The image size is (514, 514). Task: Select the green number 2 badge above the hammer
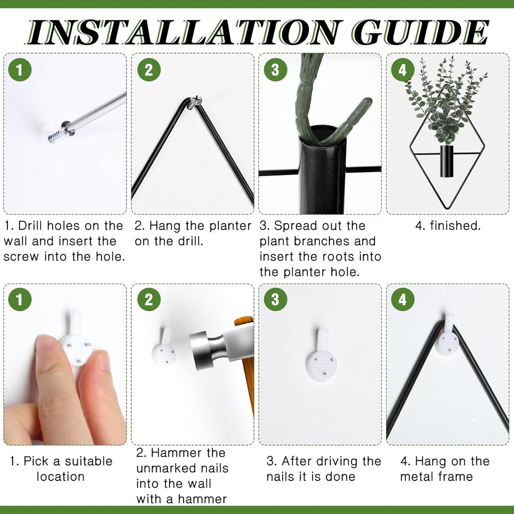[149, 300]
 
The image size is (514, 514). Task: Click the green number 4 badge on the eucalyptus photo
[403, 70]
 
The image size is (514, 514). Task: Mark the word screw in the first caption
[22, 256]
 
